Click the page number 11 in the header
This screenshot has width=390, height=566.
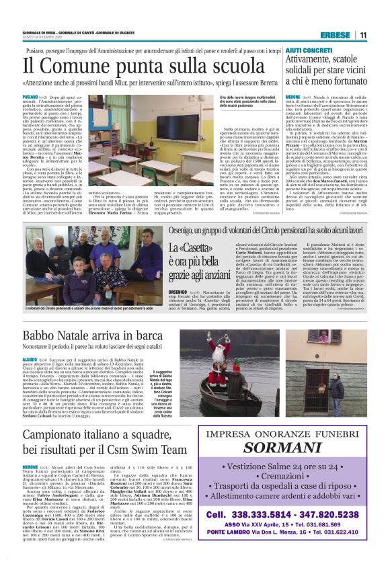tap(363, 35)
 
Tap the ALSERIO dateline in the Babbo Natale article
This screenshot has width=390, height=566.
tap(30, 360)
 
